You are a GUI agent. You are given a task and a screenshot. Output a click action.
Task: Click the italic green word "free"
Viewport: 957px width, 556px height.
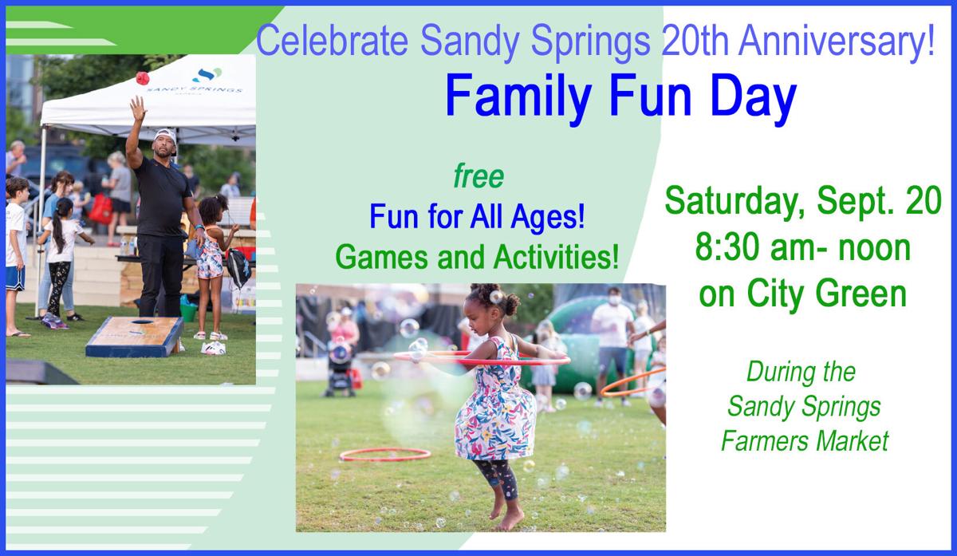coord(478,176)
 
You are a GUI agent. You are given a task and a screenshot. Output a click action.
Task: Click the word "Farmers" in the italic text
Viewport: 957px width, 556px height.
coord(758,441)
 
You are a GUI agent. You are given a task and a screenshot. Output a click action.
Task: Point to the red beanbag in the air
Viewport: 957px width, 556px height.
coord(143,77)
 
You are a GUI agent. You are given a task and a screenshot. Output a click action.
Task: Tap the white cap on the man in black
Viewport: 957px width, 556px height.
coord(165,135)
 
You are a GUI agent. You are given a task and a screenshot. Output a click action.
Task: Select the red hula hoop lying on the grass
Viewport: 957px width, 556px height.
coord(385,455)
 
